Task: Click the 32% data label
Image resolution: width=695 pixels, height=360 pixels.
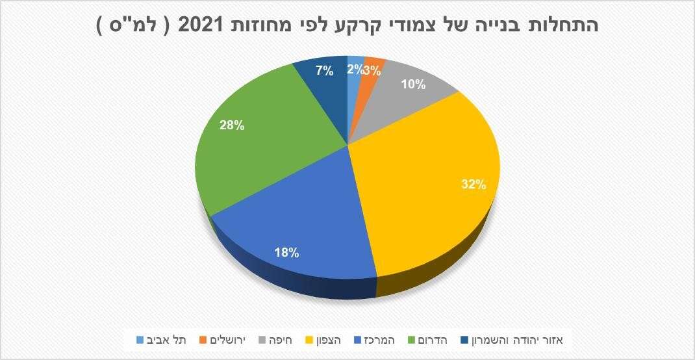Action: coord(474,185)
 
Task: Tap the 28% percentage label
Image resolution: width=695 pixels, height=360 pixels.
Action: coord(232,126)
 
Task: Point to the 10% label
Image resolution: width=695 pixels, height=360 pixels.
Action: coord(413,84)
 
